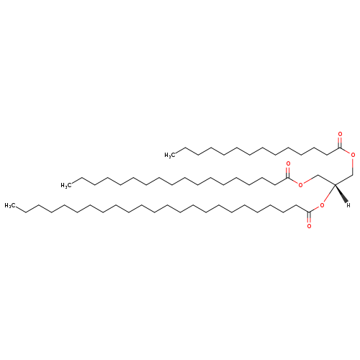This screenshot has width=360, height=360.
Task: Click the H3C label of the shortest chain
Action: click(x=168, y=155)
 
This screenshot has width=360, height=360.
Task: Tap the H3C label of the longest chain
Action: click(x=9, y=205)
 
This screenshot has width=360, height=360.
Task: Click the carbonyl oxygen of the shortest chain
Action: click(x=340, y=134)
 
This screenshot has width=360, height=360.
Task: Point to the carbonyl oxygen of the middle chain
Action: click(x=288, y=164)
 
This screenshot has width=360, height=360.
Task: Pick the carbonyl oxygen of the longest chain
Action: click(x=309, y=226)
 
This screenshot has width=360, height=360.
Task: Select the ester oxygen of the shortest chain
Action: click(x=353, y=155)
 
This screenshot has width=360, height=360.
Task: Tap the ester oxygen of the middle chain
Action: click(x=300, y=185)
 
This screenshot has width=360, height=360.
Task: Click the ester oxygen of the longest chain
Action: click(x=322, y=205)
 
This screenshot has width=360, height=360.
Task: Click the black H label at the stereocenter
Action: click(x=348, y=205)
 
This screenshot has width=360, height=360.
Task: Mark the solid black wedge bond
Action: click(x=341, y=194)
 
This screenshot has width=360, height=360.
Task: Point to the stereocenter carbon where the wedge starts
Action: click(x=335, y=184)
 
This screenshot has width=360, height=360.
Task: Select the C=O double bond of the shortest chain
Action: click(x=340, y=142)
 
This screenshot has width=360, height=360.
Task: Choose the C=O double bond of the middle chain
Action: click(x=288, y=172)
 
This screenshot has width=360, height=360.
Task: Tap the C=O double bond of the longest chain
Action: click(x=309, y=217)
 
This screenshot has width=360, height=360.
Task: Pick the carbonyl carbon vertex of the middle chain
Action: click(x=288, y=178)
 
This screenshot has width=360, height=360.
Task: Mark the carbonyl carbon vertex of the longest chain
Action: click(x=309, y=212)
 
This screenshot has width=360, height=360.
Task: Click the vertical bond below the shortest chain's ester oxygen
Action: click(x=353, y=166)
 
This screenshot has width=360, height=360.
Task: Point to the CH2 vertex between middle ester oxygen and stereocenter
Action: click(x=318, y=175)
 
